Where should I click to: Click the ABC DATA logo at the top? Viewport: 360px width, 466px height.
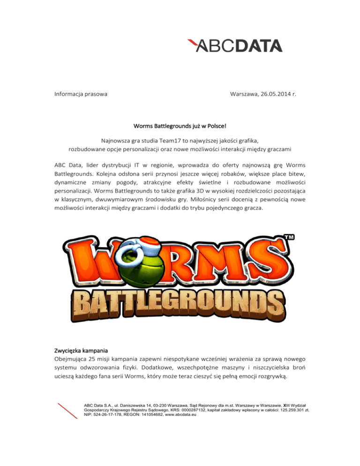pyautogui.click(x=234, y=45)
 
